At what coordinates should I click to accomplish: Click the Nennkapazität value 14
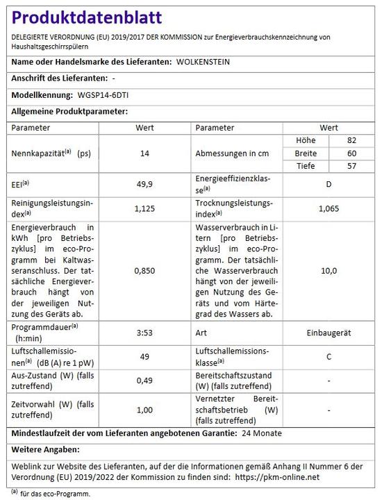(145, 153)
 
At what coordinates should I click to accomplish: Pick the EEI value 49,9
(145, 184)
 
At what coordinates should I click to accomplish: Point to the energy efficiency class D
(329, 184)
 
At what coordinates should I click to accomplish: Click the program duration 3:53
(145, 333)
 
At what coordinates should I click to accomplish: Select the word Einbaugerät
(329, 333)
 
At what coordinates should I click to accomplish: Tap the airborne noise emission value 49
(145, 356)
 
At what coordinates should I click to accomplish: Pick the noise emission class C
(329, 356)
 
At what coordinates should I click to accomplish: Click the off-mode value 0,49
(145, 380)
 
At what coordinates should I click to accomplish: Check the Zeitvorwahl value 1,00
(145, 410)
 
